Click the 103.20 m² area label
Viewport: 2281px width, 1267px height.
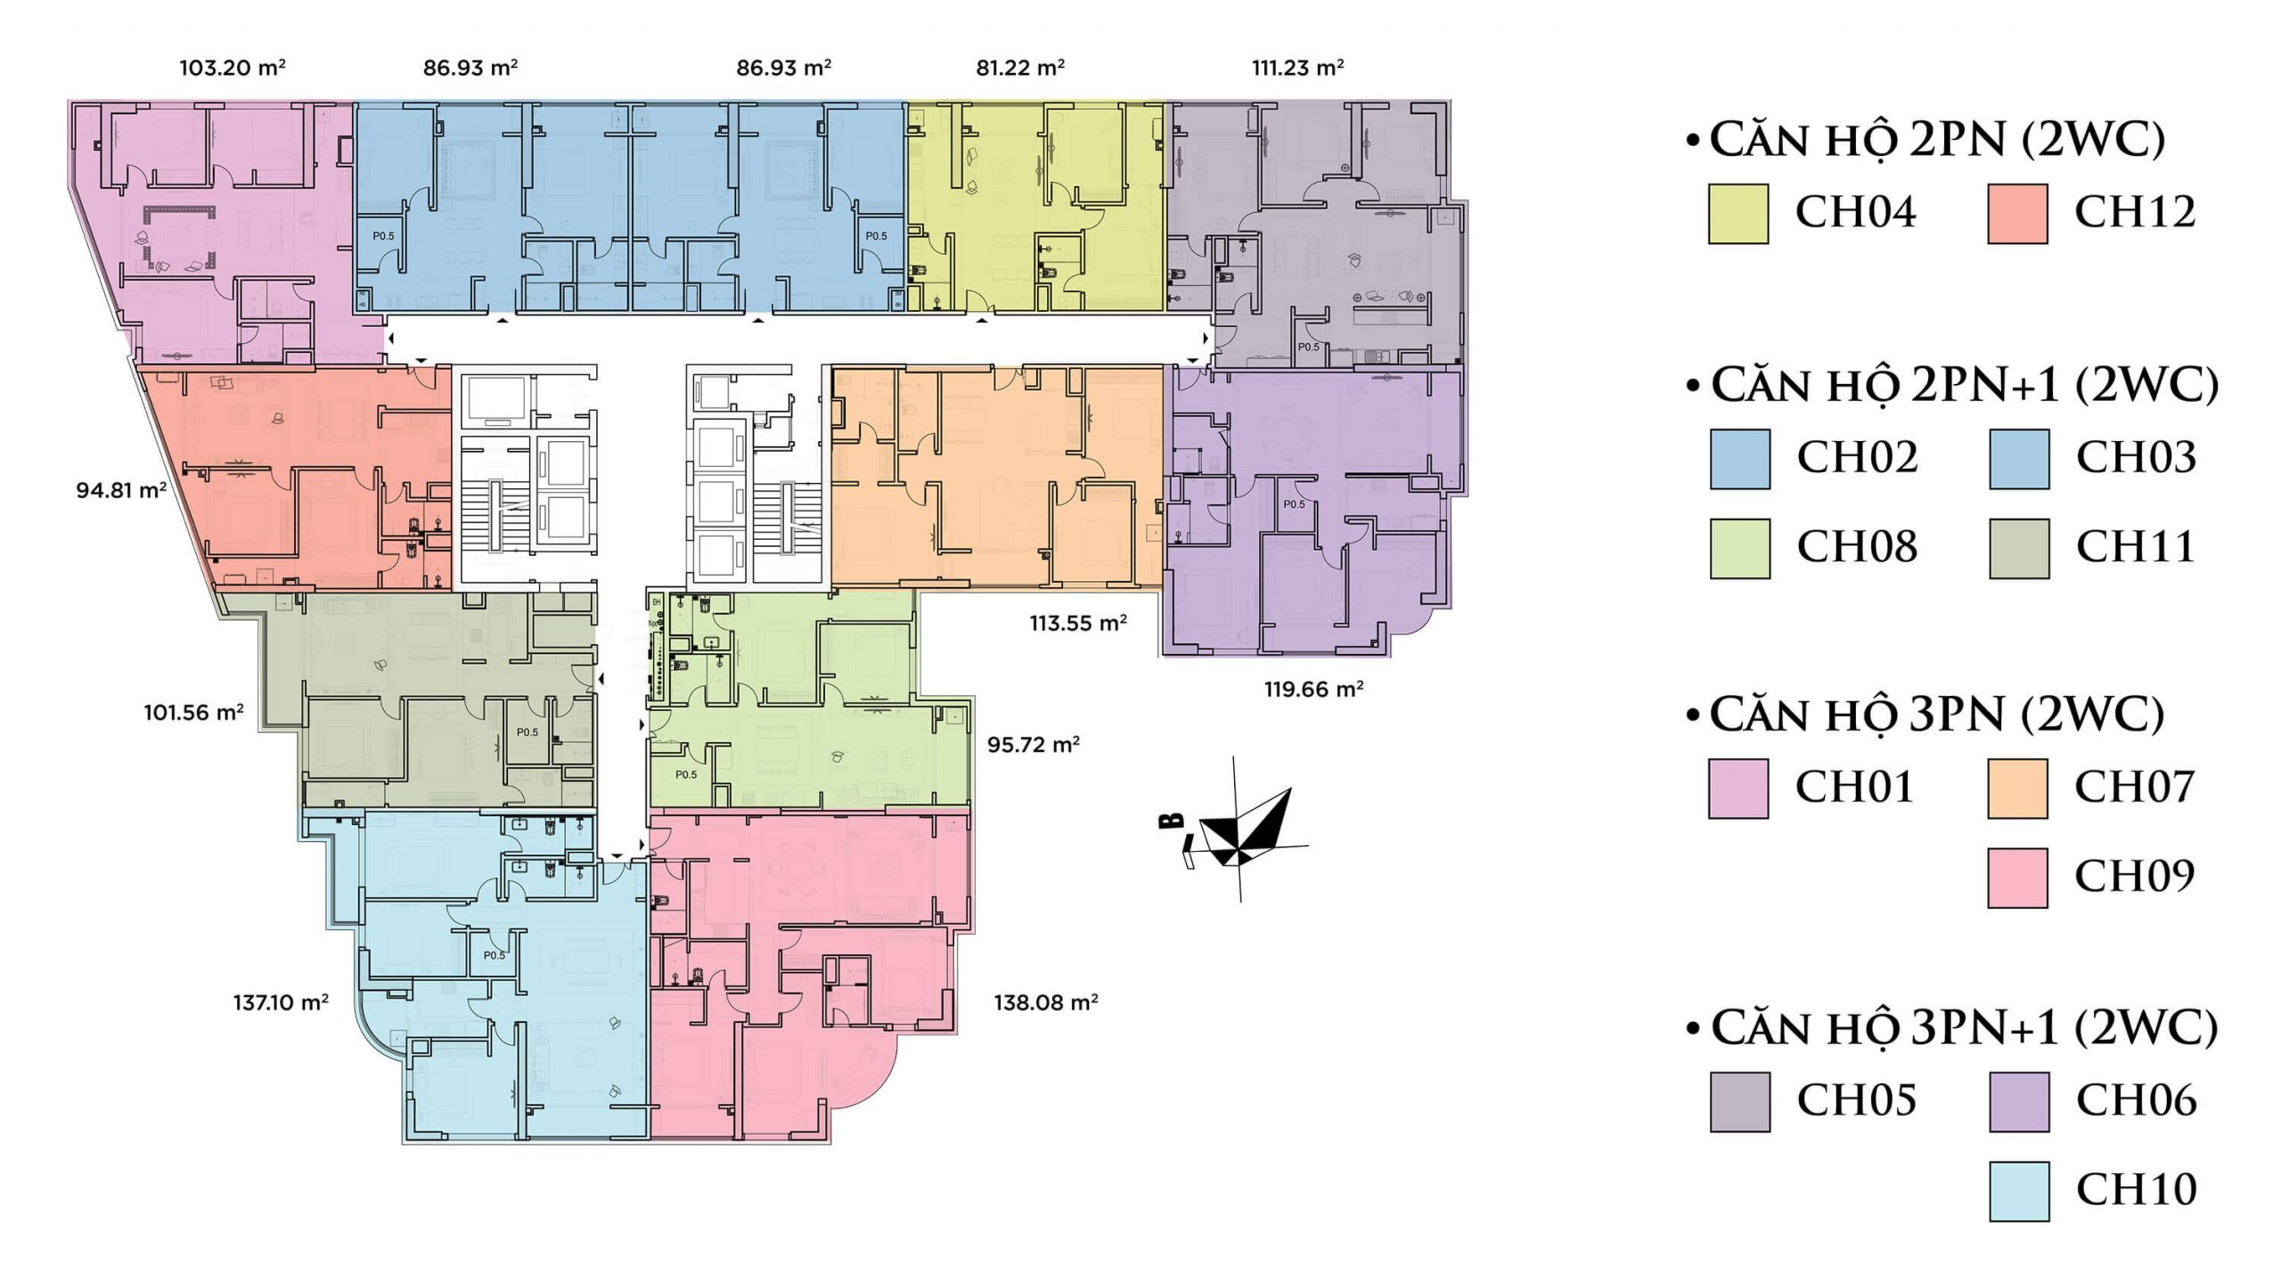click(x=232, y=68)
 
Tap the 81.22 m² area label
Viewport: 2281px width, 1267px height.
click(x=1020, y=68)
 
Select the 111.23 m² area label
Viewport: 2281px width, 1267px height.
click(x=1297, y=68)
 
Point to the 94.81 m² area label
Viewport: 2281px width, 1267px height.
click(x=121, y=490)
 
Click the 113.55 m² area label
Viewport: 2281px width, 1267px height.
click(x=1078, y=623)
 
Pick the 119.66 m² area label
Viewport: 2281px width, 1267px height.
click(x=1313, y=689)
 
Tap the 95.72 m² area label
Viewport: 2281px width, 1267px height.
click(x=1034, y=744)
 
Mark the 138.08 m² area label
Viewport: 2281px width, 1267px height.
click(x=1045, y=1002)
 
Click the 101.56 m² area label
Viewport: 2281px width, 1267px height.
click(x=193, y=713)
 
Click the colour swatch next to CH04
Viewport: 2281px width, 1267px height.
click(x=1737, y=214)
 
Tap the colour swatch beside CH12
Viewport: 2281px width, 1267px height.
click(x=2017, y=214)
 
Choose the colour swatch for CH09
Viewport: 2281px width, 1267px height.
click(x=2017, y=878)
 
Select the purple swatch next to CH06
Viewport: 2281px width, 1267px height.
click(x=2018, y=1102)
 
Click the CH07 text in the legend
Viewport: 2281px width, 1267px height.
click(x=2135, y=787)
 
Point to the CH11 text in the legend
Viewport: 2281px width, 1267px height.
click(x=2136, y=547)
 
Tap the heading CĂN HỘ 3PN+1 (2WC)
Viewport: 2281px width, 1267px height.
click(x=1951, y=1029)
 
